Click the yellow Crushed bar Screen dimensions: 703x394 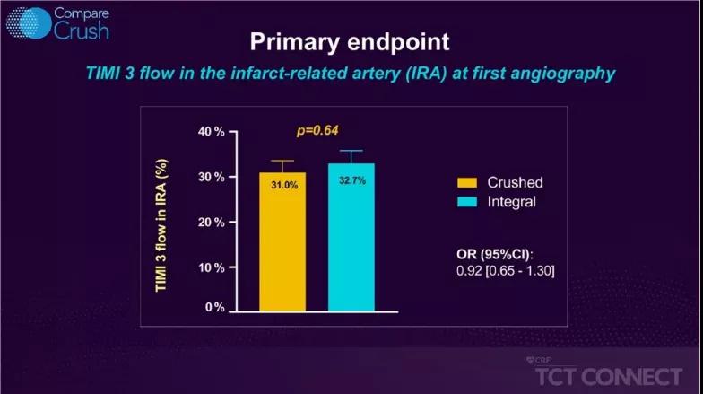(282, 242)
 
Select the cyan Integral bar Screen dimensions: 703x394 (351, 237)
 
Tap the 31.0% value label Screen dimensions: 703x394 (284, 185)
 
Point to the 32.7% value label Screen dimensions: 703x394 (352, 180)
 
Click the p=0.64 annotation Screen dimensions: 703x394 (317, 131)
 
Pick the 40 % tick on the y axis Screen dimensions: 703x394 (212, 131)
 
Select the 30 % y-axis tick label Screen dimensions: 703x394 (212, 177)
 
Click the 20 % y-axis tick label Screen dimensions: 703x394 (212, 223)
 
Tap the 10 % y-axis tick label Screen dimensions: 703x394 (212, 267)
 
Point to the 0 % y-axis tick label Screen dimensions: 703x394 (215, 307)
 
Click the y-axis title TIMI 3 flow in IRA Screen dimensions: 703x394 (161, 225)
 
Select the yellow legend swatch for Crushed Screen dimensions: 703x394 (467, 183)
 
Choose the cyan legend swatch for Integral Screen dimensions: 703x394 (467, 201)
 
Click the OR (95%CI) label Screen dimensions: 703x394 (495, 255)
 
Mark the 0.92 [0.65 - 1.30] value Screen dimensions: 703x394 (506, 271)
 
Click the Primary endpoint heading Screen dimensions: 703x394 (350, 41)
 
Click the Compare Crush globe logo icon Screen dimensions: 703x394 (29, 23)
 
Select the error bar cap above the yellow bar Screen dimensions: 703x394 (282, 161)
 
